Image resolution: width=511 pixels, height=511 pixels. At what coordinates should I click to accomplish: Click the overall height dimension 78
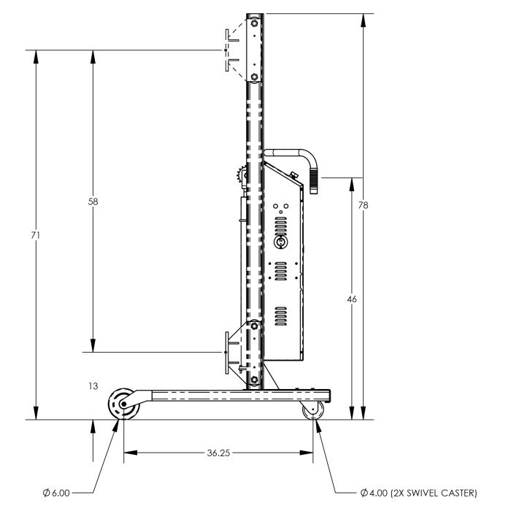[x=363, y=205]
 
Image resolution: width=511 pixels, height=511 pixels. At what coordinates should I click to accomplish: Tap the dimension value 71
[x=36, y=235]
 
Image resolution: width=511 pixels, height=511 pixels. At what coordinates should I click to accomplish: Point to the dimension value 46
[x=353, y=299]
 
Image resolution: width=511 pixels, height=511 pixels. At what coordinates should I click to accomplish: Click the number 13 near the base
[x=90, y=386]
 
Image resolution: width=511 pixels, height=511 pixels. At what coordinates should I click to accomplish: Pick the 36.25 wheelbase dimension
[x=218, y=453]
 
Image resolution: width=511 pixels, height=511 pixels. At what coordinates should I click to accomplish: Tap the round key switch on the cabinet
[x=280, y=241]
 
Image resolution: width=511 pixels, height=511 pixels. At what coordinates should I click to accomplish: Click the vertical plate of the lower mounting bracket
[x=228, y=353]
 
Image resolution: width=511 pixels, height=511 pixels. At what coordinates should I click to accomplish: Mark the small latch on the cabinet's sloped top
[x=293, y=174]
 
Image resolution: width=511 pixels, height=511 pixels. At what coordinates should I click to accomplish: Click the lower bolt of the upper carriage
[x=254, y=77]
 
